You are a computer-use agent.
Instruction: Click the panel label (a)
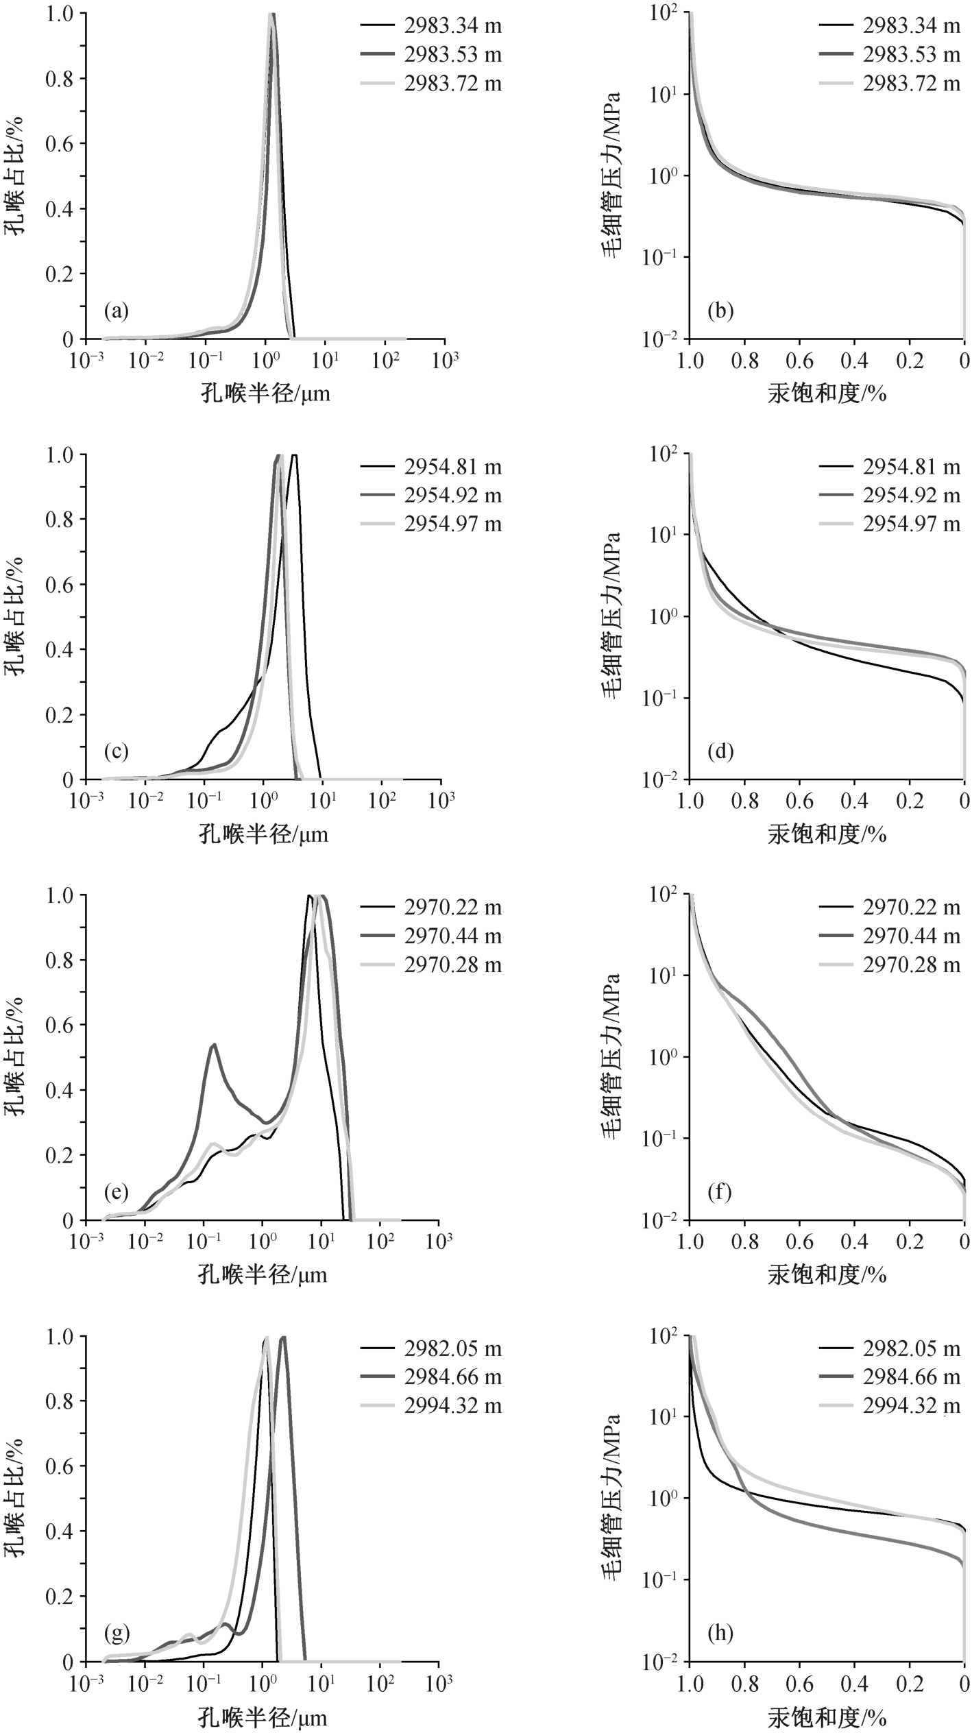click(x=116, y=312)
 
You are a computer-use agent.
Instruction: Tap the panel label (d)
click(x=720, y=752)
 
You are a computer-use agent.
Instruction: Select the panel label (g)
click(x=116, y=1634)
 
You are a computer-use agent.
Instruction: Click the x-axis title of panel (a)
click(x=265, y=393)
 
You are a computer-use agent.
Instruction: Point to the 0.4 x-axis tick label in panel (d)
click(x=855, y=800)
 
